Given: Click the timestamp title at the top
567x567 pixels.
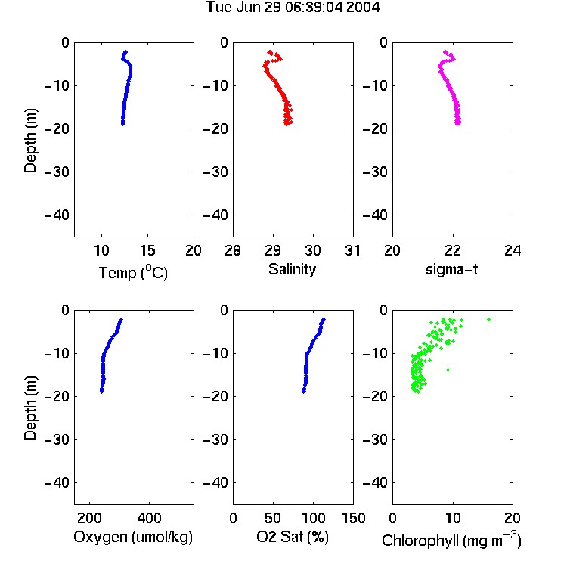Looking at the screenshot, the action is (x=293, y=7).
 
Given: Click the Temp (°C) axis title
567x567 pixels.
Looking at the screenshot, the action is (x=133, y=272).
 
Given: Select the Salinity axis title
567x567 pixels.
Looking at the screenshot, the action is (x=292, y=269).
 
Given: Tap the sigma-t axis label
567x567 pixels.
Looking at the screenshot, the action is (x=451, y=269).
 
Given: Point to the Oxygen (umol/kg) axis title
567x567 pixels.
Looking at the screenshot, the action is (x=133, y=537).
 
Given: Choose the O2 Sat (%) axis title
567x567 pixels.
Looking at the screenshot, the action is (x=293, y=537).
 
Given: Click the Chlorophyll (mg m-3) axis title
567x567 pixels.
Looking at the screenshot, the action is (x=451, y=540).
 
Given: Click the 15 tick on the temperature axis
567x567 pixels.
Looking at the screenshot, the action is (x=147, y=250).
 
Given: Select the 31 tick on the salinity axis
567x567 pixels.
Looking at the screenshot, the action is (x=352, y=250).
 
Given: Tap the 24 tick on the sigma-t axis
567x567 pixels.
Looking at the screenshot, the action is (x=513, y=250).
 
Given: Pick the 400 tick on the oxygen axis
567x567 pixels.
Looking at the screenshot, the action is (x=149, y=518).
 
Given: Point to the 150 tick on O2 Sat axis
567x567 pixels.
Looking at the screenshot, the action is (x=353, y=518).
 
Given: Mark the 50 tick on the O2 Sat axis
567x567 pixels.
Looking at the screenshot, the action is (x=273, y=518).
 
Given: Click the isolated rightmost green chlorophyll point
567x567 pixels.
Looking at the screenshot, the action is (x=488, y=319).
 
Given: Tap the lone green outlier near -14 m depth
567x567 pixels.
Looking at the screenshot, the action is (x=448, y=370).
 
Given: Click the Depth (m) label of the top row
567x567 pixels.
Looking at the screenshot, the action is (x=30, y=141).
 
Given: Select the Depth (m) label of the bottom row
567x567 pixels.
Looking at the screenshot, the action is (x=30, y=408).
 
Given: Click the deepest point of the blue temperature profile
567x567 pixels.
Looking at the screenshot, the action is (x=123, y=124).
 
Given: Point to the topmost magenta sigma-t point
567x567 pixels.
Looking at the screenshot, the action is (x=445, y=51).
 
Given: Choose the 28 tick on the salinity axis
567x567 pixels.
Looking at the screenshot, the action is (x=233, y=250).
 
